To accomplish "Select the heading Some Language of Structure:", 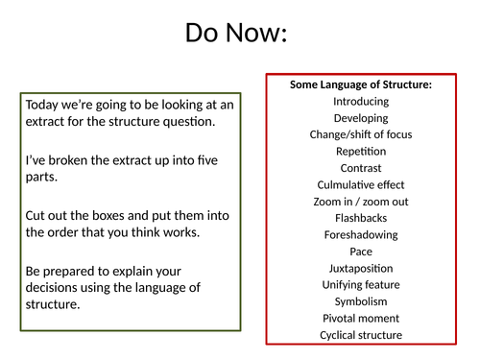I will point(360,84).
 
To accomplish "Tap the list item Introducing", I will point(360,101).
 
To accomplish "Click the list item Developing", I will point(360,118).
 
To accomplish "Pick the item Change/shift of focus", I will point(360,134).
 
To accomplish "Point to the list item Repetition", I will point(360,152).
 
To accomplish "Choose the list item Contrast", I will point(360,168).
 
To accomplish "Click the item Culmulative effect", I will point(360,184).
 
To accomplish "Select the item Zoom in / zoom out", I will point(360,202).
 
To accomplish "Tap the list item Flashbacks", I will point(360,218).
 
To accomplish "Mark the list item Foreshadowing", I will point(360,235).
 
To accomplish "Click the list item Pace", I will point(360,252).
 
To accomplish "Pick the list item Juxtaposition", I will point(360,269).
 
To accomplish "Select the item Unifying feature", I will point(360,285).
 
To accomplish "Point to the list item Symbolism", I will point(360,301).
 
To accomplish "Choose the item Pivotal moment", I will point(360,319).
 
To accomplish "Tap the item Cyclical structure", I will point(360,335).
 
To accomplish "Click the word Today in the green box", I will point(43,105).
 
